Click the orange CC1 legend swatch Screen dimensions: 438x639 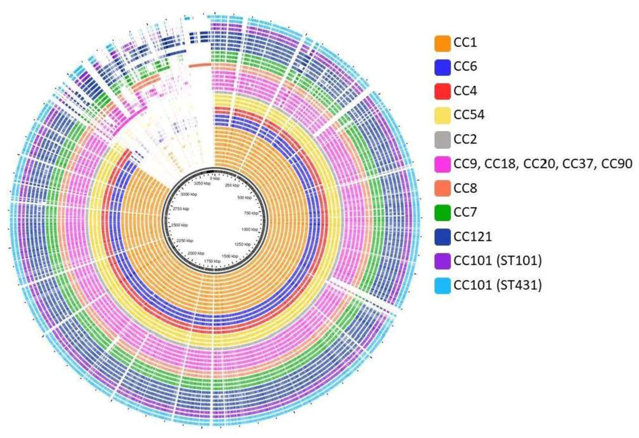coord(442,43)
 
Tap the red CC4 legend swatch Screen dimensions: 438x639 coord(442,91)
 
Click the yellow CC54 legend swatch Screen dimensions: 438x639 coord(442,115)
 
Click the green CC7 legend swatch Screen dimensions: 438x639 coord(442,213)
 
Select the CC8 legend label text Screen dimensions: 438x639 coord(465,188)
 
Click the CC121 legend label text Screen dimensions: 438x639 coord(472,237)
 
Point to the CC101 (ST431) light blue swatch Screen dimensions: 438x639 coord(442,286)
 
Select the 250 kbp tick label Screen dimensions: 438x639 coord(232,185)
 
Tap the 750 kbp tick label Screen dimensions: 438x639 coord(251,213)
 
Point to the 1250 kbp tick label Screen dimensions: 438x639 coord(242,244)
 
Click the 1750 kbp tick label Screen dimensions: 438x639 coord(212,261)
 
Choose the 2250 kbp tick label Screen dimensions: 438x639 coord(185,241)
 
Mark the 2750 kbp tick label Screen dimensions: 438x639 coord(181,209)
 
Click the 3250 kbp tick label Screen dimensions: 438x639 coord(202,184)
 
